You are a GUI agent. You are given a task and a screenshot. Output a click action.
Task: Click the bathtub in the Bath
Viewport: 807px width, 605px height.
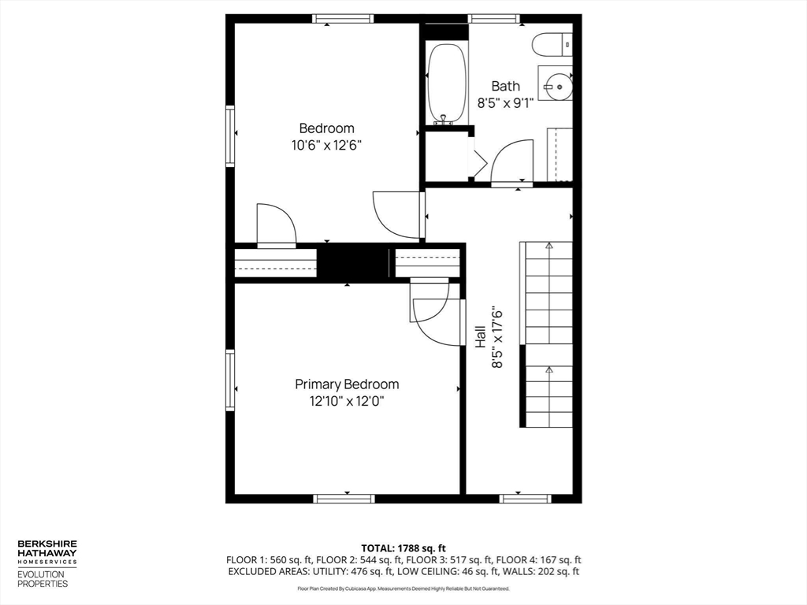pyautogui.click(x=447, y=84)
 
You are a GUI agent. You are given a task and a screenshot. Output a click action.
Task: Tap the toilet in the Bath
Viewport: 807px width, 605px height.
pyautogui.click(x=552, y=45)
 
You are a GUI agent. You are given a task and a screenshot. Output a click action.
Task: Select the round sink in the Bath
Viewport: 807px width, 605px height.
pyautogui.click(x=560, y=84)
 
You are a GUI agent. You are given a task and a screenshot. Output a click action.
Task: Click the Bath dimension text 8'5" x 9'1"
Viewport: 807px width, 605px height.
pyautogui.click(x=505, y=102)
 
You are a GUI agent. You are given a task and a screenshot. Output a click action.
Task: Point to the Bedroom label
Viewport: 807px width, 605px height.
pyautogui.click(x=326, y=128)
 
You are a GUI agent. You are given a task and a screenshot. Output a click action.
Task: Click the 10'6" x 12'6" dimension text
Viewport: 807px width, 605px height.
pyautogui.click(x=326, y=145)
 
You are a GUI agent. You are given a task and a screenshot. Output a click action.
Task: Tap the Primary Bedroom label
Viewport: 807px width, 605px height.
pyautogui.click(x=347, y=384)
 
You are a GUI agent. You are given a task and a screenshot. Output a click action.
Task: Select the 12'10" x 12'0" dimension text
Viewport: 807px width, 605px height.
pyautogui.click(x=347, y=401)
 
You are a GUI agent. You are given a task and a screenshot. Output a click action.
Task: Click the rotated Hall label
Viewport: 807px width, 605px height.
pyautogui.click(x=480, y=337)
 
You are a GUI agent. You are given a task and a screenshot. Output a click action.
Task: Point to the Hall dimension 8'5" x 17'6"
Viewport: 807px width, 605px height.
pyautogui.click(x=497, y=337)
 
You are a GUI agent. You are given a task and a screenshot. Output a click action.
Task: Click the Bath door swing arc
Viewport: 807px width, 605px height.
pyautogui.click(x=512, y=161)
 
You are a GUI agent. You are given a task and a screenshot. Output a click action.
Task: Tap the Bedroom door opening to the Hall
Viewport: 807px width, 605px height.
pyautogui.click(x=399, y=214)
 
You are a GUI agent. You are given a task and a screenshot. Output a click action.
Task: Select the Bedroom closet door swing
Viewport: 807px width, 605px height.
pyautogui.click(x=276, y=226)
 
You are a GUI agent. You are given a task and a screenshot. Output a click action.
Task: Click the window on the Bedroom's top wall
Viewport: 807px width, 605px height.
pyautogui.click(x=342, y=19)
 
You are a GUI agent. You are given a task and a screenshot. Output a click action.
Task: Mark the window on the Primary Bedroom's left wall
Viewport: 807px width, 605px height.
pyautogui.click(x=230, y=380)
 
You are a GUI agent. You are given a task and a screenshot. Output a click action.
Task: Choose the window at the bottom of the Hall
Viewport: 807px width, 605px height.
pyautogui.click(x=525, y=498)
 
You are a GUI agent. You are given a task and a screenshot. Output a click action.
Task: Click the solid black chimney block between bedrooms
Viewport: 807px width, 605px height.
pyautogui.click(x=353, y=263)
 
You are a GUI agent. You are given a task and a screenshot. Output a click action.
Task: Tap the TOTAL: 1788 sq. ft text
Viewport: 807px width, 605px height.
pyautogui.click(x=403, y=547)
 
